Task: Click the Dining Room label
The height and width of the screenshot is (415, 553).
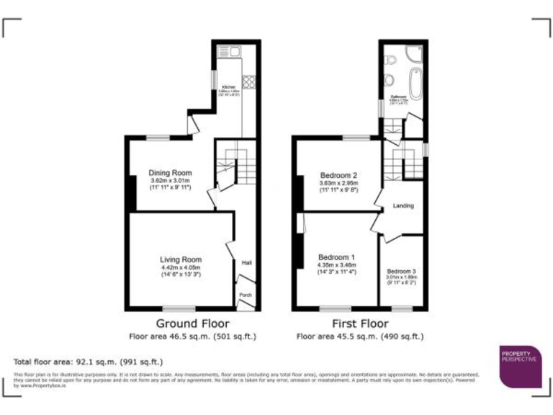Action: (170, 173)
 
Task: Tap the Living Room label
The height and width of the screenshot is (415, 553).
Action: (181, 259)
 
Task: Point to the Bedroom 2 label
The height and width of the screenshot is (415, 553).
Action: (338, 175)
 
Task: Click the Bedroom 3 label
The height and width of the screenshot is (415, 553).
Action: (401, 271)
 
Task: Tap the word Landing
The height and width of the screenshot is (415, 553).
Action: (403, 206)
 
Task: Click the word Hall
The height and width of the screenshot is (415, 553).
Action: (247, 262)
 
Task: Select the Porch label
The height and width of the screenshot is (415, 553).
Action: (246, 294)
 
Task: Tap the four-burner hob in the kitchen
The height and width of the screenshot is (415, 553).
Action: (249, 81)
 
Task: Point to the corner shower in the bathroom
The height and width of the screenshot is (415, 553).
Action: (414, 53)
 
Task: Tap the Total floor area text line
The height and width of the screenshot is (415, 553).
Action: (88, 362)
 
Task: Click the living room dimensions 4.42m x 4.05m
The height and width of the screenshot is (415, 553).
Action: (181, 268)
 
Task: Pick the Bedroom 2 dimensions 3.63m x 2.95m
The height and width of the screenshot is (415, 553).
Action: (338, 183)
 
